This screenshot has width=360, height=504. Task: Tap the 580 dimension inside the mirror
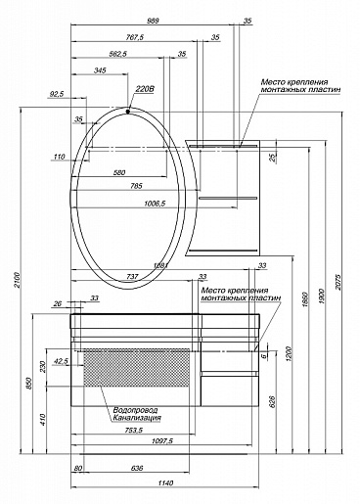(x=120, y=171)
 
